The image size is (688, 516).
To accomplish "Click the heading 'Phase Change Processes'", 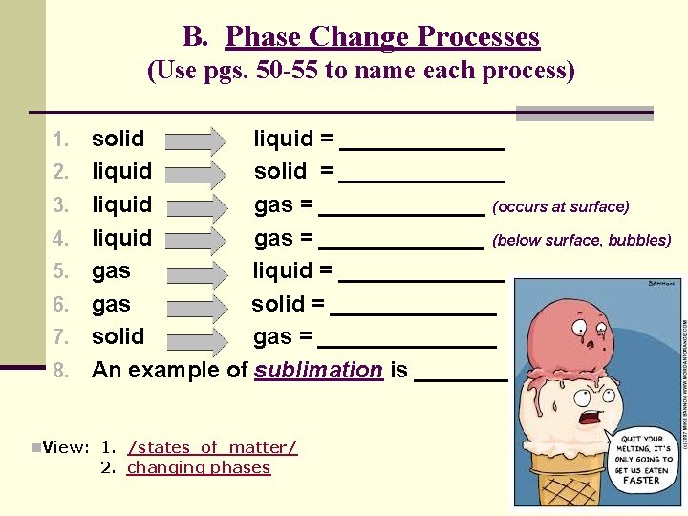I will pos(382,37).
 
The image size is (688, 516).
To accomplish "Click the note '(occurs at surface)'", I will pos(561,206).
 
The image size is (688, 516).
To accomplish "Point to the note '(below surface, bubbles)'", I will pos(582,240).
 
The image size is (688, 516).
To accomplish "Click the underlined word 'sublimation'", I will pos(318,370).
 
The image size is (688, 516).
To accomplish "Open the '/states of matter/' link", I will pos(212,447).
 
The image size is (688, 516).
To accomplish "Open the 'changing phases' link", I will pos(199,467).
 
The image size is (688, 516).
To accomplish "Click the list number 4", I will pos(61,238).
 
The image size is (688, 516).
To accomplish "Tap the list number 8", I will pos(61,370).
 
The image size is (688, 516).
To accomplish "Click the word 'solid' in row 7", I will pos(118,336).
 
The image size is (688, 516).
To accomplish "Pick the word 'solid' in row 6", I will pos(278,304).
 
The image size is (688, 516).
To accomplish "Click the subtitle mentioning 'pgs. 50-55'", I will pos(360,72).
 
